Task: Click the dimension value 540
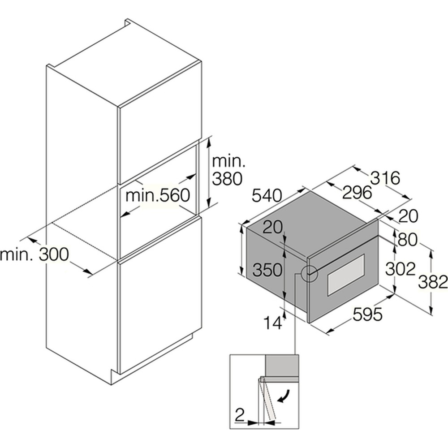[x=267, y=196]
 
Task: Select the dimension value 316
[x=385, y=178]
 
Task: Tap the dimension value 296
[x=357, y=192]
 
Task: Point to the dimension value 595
[x=367, y=314]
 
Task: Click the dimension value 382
[x=433, y=282]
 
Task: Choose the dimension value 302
[x=400, y=269]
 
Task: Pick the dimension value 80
[x=407, y=240]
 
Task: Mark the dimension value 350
[x=267, y=270]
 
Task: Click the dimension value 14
[x=272, y=323]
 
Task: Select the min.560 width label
[x=158, y=196]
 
